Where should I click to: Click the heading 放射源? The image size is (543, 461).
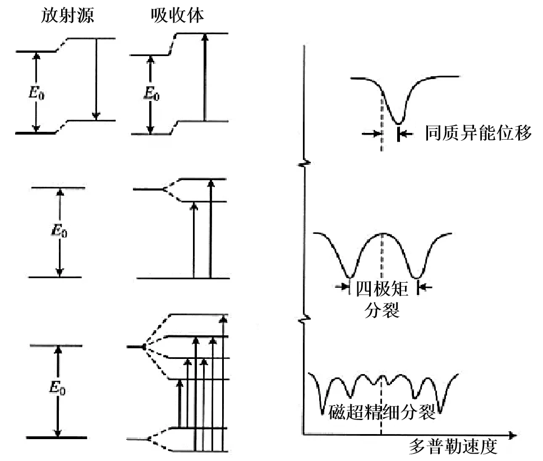(67, 15)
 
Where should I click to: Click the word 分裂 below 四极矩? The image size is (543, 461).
(382, 310)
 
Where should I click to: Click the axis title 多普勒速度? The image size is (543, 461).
(452, 448)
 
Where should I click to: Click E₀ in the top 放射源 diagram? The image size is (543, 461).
(37, 92)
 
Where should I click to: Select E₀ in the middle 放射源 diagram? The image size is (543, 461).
(60, 231)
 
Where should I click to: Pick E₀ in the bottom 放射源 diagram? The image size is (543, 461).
(57, 388)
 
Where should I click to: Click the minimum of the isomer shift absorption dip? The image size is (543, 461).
(398, 122)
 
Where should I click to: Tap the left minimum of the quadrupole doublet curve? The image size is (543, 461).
(349, 276)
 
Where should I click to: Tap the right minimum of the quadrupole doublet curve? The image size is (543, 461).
(416, 276)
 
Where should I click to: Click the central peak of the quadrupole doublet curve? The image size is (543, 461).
(382, 233)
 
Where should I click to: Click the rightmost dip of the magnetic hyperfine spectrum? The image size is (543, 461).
(440, 413)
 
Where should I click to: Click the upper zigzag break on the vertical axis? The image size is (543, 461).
(303, 164)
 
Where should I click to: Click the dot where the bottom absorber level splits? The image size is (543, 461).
(144, 347)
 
